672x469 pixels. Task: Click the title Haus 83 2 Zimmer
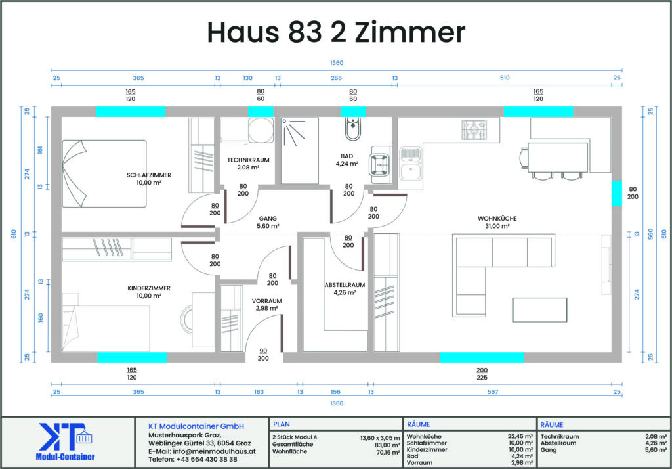coord(336,32)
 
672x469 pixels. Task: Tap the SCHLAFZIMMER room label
coord(149,175)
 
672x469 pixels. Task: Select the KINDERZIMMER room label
coord(149,288)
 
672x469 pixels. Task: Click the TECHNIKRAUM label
coord(248,160)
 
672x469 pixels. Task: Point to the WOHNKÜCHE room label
coord(497,219)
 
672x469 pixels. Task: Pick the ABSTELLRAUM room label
coord(345,285)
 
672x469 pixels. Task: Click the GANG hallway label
coord(268,219)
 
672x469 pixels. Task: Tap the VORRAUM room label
coord(266,301)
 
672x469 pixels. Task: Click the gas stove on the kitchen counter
coord(474,129)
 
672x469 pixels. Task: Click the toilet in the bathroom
coord(352,129)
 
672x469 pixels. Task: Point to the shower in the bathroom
coord(299,150)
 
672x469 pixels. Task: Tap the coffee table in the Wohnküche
coord(539,309)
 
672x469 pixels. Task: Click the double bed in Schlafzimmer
coord(104,174)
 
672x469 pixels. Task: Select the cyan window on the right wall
coord(616,194)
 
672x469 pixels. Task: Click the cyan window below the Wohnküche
coord(482,357)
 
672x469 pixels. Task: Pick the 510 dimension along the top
coord(505,78)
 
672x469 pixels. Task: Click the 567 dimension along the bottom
coord(493,391)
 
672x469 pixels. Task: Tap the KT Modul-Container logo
coord(65,442)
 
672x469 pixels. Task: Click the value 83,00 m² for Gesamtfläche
coord(387,445)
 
